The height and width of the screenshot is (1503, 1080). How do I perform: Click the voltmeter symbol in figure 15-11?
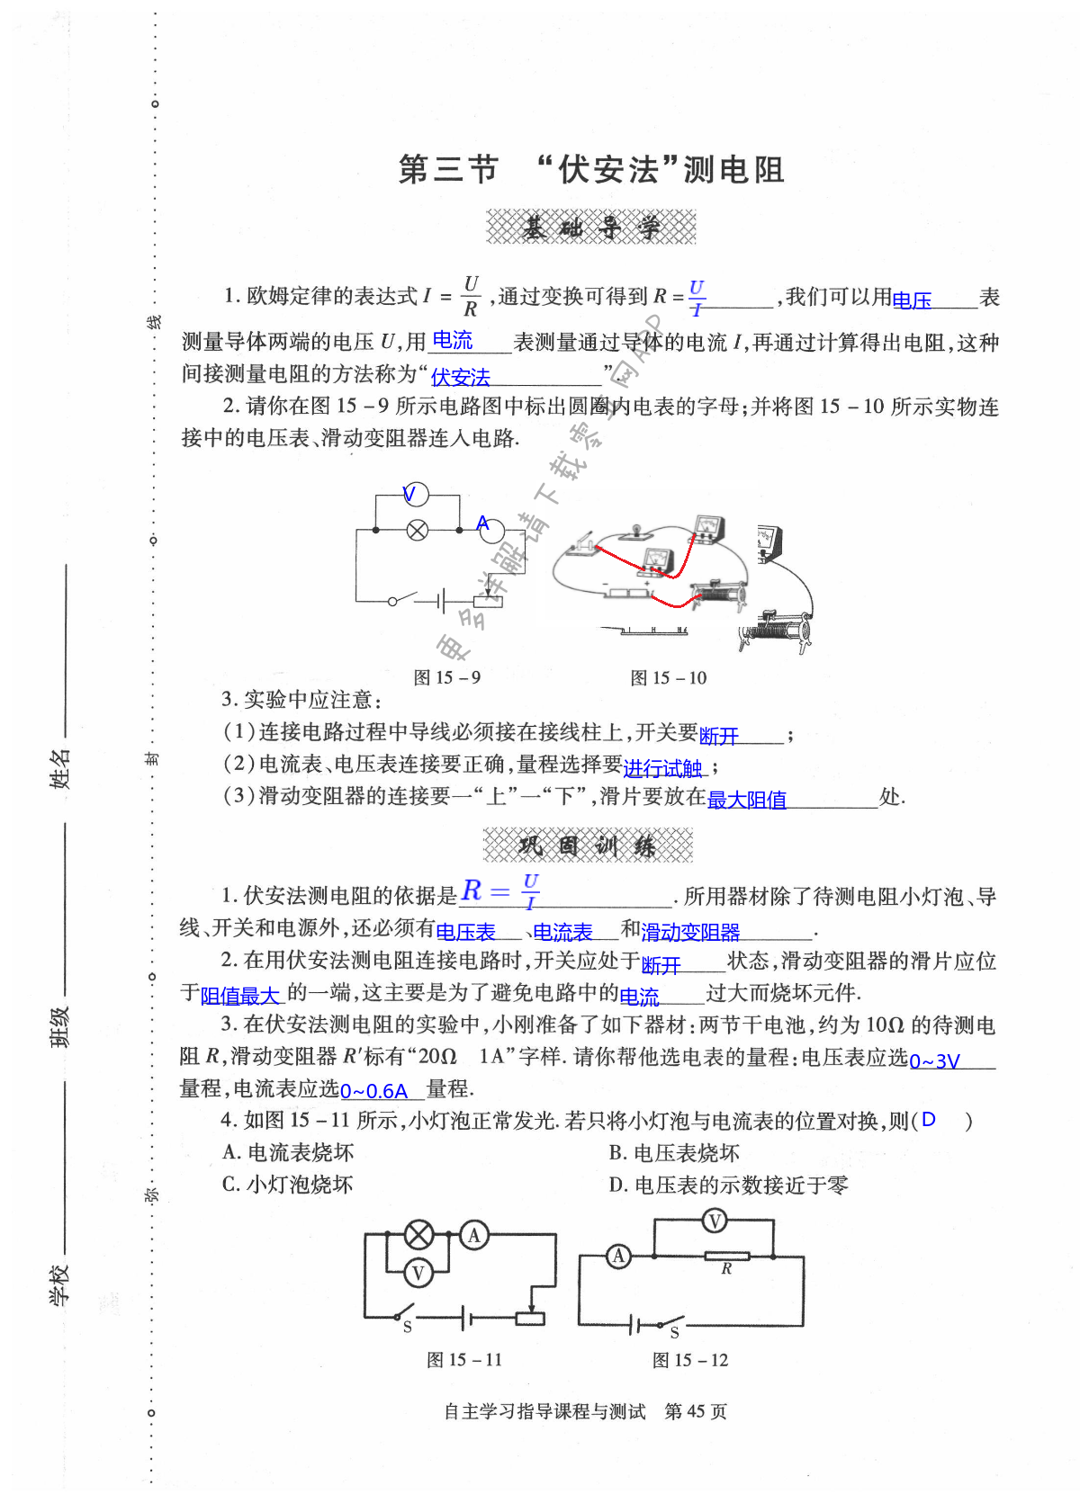pyautogui.click(x=418, y=1272)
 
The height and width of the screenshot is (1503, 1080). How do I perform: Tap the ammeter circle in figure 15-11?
pyautogui.click(x=474, y=1235)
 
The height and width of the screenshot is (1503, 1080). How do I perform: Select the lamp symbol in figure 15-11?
pyautogui.click(x=418, y=1235)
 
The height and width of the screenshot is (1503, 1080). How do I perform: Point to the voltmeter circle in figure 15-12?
pyautogui.click(x=714, y=1221)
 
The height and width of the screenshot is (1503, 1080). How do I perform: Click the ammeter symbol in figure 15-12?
pyautogui.click(x=618, y=1257)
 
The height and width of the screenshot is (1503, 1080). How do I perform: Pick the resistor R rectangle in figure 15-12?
pyautogui.click(x=726, y=1257)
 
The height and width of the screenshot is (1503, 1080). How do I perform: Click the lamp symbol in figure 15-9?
pyautogui.click(x=418, y=530)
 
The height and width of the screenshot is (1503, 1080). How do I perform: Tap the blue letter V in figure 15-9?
pyautogui.click(x=409, y=494)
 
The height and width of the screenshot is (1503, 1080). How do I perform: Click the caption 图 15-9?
pyautogui.click(x=447, y=677)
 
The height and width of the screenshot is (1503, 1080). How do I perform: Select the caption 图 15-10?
pyautogui.click(x=669, y=677)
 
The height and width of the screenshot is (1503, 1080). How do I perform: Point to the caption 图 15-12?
pyautogui.click(x=690, y=1360)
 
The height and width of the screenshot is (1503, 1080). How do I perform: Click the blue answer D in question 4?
pyautogui.click(x=929, y=1120)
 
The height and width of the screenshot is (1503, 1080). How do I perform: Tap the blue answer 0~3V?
pyautogui.click(x=935, y=1061)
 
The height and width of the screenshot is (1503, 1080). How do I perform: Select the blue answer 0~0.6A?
pyautogui.click(x=374, y=1092)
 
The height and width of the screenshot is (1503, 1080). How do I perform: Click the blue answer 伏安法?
pyautogui.click(x=461, y=378)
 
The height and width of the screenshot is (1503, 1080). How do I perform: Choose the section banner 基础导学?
pyautogui.click(x=591, y=228)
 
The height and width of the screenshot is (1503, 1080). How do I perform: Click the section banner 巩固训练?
pyautogui.click(x=588, y=845)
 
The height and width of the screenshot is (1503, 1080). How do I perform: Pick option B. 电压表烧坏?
pyautogui.click(x=674, y=1153)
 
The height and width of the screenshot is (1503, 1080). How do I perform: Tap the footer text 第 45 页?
pyautogui.click(x=695, y=1411)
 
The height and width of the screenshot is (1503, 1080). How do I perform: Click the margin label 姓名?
pyautogui.click(x=59, y=769)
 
